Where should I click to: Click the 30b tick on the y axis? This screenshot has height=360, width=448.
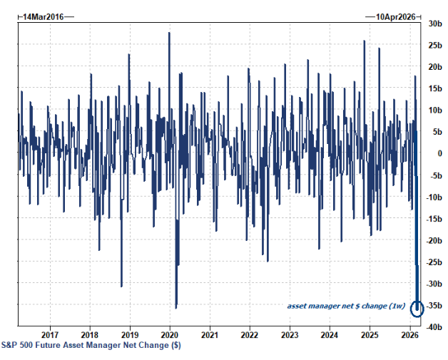(x=434, y=23)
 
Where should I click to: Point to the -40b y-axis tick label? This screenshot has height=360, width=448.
(x=433, y=326)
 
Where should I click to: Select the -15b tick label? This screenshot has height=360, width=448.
(x=433, y=218)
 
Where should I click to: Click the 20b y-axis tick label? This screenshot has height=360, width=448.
(x=434, y=66)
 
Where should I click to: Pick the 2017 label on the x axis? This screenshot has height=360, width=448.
(x=50, y=334)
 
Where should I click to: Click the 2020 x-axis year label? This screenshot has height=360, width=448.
(x=170, y=334)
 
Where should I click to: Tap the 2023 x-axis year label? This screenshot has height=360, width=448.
(x=290, y=334)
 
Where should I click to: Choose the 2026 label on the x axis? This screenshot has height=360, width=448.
(x=409, y=334)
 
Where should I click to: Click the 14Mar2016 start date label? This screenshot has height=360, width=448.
(x=42, y=15)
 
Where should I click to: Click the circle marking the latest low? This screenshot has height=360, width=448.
(x=417, y=308)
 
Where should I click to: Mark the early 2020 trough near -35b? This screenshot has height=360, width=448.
(x=176, y=307)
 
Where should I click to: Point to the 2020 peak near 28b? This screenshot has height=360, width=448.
(x=169, y=33)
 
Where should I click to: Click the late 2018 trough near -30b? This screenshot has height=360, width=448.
(x=121, y=286)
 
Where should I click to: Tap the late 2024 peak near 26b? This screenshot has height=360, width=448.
(x=365, y=41)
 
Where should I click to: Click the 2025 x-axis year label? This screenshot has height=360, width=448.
(x=370, y=334)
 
